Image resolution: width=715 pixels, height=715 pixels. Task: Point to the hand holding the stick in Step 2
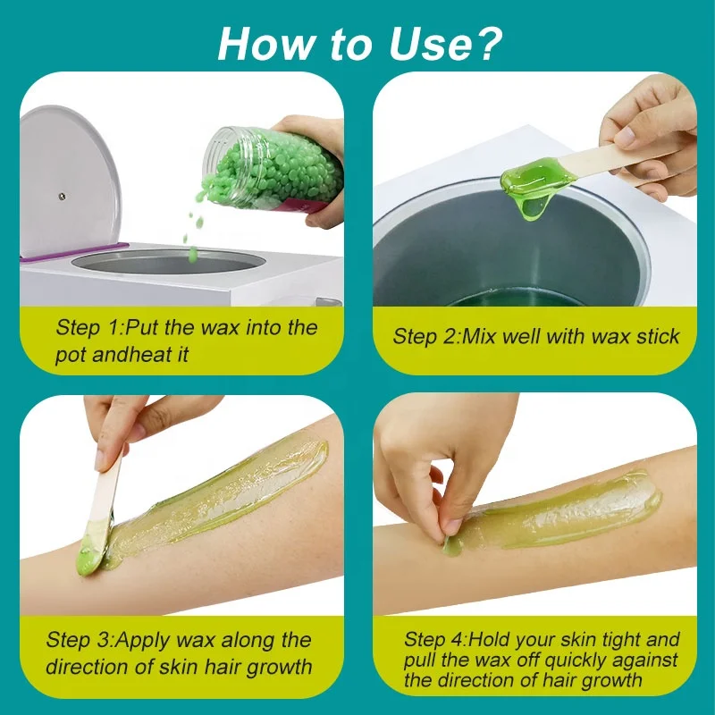coord(648,134)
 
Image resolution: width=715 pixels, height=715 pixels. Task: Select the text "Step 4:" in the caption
coord(435,640)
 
